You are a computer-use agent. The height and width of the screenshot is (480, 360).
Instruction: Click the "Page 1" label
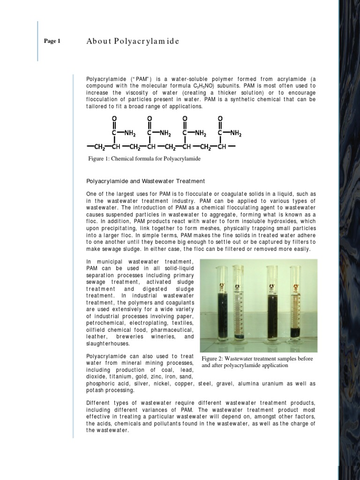[x=52, y=41]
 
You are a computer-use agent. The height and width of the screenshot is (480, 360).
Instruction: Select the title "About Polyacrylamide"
[x=133, y=41]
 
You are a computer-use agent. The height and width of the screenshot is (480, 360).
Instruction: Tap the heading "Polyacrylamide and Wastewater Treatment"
[x=145, y=181]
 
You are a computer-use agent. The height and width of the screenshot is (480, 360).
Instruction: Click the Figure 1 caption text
[x=144, y=159]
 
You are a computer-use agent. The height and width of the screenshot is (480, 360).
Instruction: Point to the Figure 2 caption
[x=257, y=362]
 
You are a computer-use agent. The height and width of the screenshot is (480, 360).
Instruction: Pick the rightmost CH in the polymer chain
[x=222, y=147]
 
